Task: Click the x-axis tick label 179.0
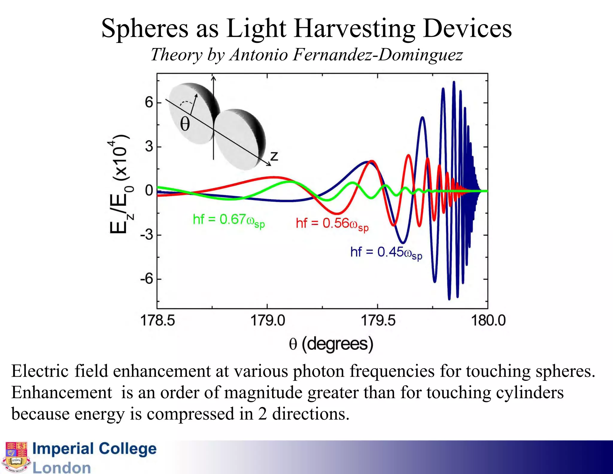tap(268, 321)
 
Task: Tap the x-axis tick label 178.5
tap(157, 321)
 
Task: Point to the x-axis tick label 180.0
tap(488, 321)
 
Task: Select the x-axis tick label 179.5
tap(378, 321)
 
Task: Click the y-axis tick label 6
tap(149, 103)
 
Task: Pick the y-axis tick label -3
tap(147, 235)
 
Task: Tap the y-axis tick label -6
tap(147, 279)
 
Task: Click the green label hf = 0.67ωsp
tap(229, 220)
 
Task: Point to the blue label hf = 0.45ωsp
tap(386, 253)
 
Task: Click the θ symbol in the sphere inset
tap(185, 124)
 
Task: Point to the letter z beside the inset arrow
tap(274, 156)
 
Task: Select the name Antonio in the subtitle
tap(259, 55)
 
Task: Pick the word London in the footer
tap(62, 468)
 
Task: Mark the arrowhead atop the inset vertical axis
tap(213, 79)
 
